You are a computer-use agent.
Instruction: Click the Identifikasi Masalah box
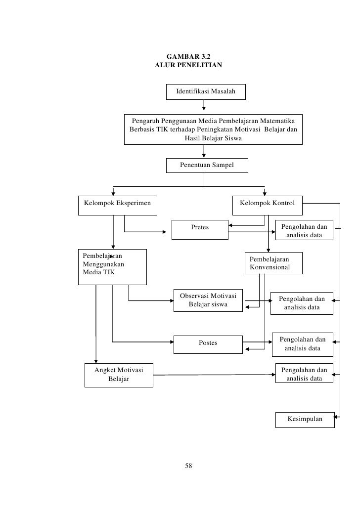coord(206,92)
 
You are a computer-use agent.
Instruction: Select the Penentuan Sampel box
coord(207,165)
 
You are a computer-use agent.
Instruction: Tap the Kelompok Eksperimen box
coord(118,205)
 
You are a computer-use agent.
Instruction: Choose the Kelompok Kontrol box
coord(268,205)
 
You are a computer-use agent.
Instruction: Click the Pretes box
coord(200,229)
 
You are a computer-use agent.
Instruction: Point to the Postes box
coord(208,344)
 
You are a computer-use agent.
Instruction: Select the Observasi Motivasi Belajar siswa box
coord(208,300)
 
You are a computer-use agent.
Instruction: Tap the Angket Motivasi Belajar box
coord(119,375)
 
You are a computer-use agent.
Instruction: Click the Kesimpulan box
coord(305,420)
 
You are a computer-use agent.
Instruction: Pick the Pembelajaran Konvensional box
coord(273,263)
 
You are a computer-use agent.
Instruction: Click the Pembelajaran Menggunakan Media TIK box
coord(112,267)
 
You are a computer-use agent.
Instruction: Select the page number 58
coord(188,466)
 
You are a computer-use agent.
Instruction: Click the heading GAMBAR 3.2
coord(188,56)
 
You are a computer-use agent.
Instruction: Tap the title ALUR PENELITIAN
coord(188,65)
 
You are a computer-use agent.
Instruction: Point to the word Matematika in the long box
coord(278,121)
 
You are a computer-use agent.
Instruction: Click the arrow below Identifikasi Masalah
coord(204,105)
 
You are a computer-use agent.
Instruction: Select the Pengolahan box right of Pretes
coord(304,230)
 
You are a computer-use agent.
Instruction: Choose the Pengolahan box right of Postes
coord(303,344)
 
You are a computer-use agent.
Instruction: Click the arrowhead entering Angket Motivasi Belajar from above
coord(96,361)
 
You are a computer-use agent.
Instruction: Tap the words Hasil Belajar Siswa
coord(213,138)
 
